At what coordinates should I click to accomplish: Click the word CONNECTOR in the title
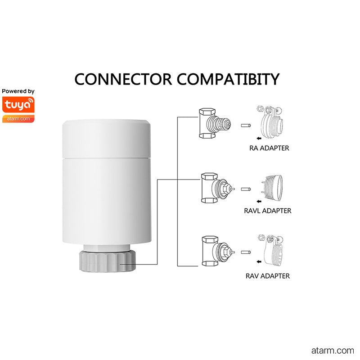click(123, 79)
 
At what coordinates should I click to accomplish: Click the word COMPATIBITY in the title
click(228, 79)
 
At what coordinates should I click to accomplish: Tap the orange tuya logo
click(18, 105)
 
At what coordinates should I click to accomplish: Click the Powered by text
click(18, 91)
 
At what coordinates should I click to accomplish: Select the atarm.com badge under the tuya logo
click(18, 119)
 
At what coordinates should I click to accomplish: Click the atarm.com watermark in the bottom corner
click(333, 351)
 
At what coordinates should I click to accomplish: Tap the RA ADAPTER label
click(269, 148)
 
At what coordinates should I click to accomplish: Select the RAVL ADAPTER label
click(267, 211)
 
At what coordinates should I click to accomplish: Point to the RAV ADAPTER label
click(267, 276)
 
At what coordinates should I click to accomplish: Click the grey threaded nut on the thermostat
click(108, 261)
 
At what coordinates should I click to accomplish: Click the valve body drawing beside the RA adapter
click(215, 123)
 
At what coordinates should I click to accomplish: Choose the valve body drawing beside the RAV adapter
click(218, 251)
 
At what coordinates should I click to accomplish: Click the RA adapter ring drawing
click(270, 122)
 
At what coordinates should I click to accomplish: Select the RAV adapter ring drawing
click(271, 250)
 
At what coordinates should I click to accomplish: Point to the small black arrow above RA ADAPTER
click(259, 139)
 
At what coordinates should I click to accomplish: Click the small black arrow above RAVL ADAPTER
click(259, 201)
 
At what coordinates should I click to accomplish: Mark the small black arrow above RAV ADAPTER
click(259, 262)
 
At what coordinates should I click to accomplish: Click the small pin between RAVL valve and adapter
click(246, 189)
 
